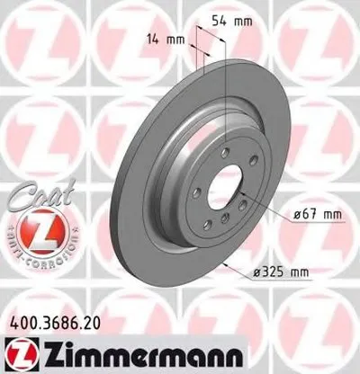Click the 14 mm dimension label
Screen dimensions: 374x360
[167, 39]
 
